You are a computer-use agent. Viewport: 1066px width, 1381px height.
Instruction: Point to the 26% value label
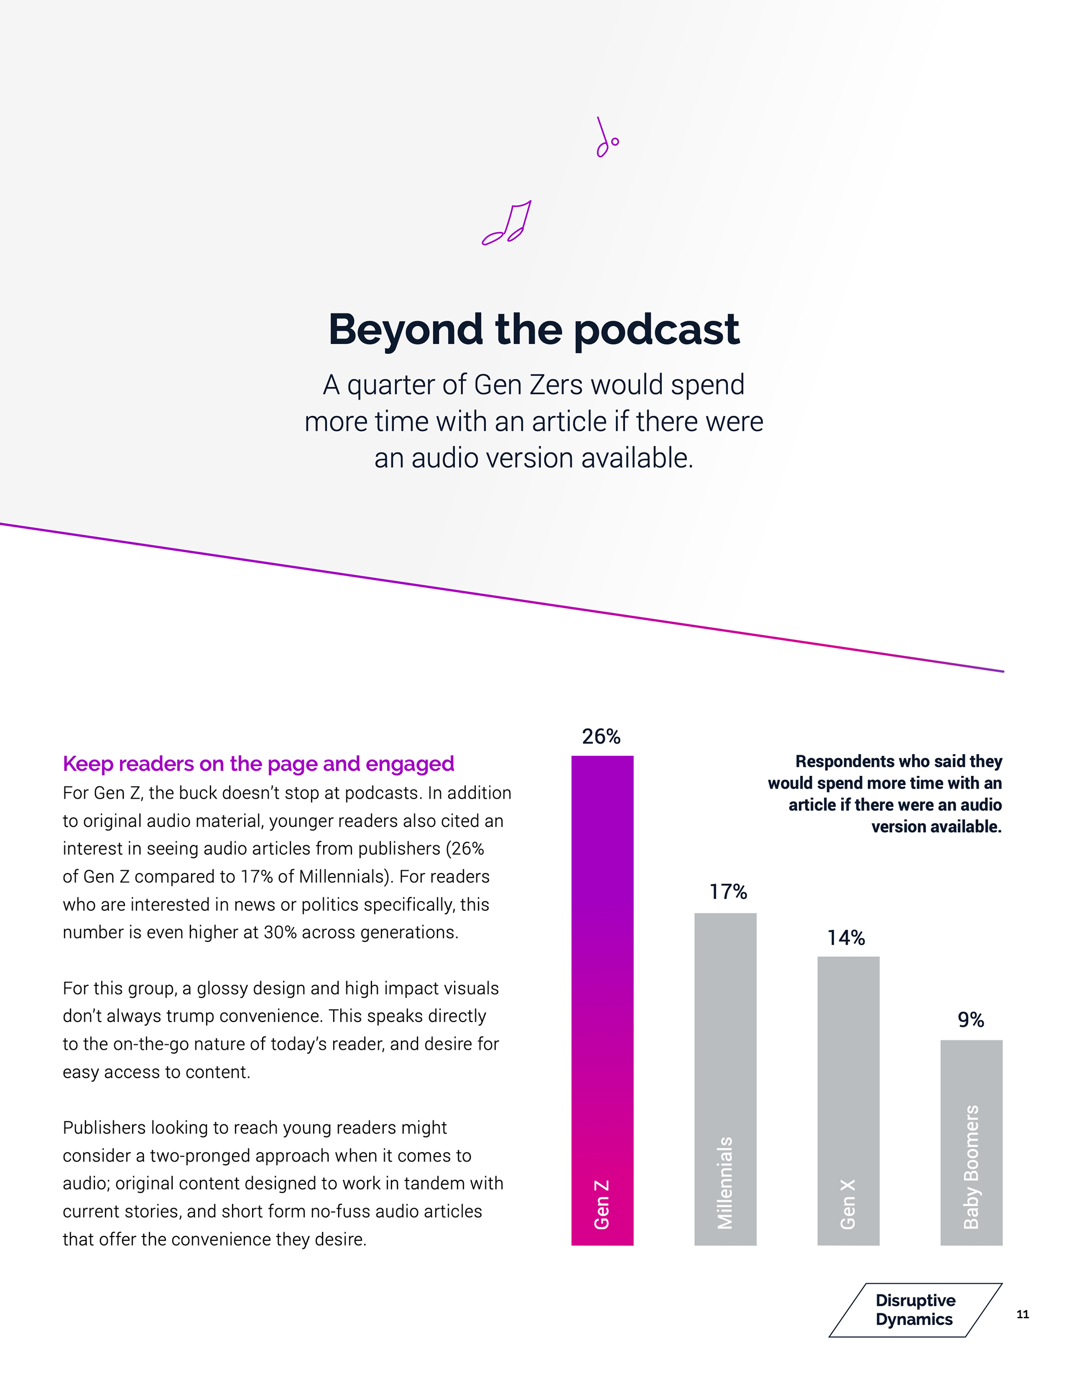[601, 737]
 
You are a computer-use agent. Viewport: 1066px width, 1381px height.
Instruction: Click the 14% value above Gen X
[846, 938]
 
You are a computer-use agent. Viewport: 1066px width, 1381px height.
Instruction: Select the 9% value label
[971, 1020]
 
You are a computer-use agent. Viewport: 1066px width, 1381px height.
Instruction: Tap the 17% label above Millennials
[728, 892]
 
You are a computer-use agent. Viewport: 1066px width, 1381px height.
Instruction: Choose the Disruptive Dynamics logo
[914, 1310]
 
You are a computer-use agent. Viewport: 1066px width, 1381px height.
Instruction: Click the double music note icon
[507, 223]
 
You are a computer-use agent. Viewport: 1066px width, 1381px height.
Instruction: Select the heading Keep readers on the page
[258, 764]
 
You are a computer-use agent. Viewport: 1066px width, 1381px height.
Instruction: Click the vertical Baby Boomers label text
[971, 1166]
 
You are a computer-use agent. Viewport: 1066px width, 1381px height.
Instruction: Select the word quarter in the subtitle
[390, 385]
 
